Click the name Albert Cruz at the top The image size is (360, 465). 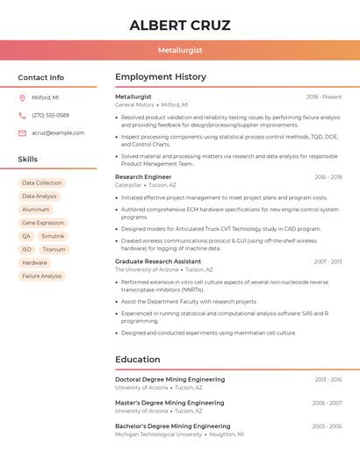[179, 25]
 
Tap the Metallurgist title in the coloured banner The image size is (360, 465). [179, 51]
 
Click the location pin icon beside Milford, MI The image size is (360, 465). [22, 98]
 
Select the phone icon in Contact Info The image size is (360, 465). [22, 116]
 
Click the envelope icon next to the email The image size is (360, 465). [22, 133]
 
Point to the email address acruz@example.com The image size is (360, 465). [58, 133]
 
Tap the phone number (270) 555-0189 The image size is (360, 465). [50, 116]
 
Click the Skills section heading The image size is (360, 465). [28, 160]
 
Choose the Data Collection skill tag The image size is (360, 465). [42, 183]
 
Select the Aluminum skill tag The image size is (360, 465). [36, 210]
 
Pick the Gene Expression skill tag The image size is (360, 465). [43, 223]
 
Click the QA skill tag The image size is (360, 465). [26, 236]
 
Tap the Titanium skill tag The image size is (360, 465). [54, 249]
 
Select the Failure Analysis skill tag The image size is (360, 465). [42, 276]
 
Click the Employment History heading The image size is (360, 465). [161, 77]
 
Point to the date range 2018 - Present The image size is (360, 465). [324, 97]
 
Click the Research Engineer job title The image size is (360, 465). [143, 177]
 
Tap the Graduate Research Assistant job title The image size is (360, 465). [158, 261]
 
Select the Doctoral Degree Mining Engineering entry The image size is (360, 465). [170, 380]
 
